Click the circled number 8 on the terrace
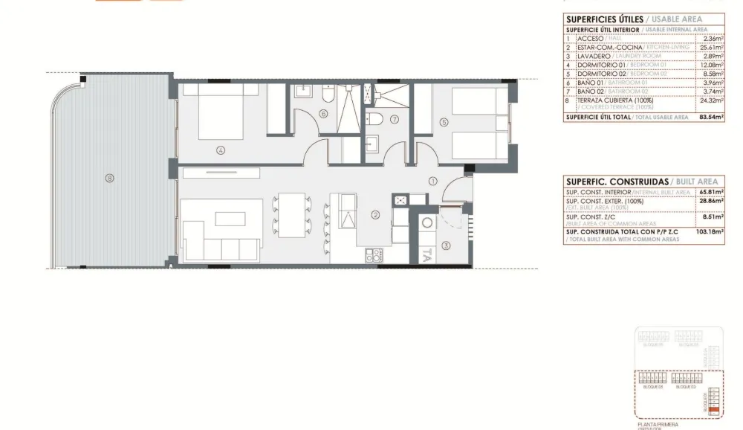point(109,178)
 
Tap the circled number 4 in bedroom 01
point(221,150)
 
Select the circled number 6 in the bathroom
point(323,114)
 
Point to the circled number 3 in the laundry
point(446,246)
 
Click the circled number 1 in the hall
point(433,180)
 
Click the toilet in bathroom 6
point(328,95)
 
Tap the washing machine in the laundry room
point(428,222)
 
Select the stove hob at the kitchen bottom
point(373,255)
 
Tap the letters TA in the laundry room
point(427,255)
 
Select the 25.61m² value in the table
point(712,47)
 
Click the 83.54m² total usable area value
point(711,117)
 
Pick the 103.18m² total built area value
point(710,232)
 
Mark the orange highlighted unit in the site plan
point(713,408)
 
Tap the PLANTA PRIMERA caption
point(658,424)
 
